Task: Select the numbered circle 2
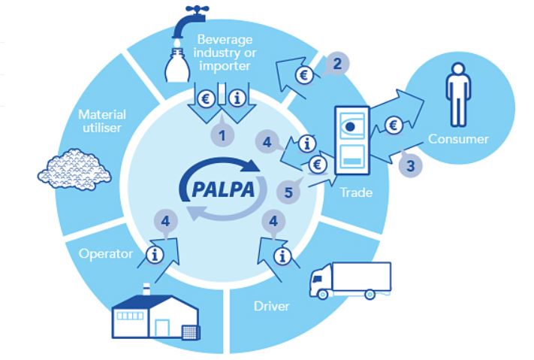337,64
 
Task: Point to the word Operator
101,254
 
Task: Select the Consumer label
458,139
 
